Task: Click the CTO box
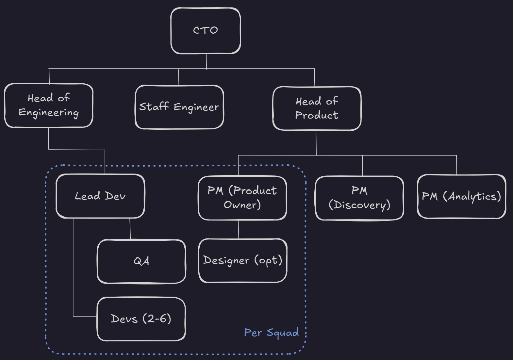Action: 206,31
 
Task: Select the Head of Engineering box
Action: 49,105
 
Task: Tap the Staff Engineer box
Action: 179,107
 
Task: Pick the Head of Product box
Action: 317,108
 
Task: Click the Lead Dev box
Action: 100,196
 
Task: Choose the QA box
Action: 141,261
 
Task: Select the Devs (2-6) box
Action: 141,319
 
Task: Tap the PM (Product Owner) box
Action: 242,198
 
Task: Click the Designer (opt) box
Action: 242,260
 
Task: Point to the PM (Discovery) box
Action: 359,198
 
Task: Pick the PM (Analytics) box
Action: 461,196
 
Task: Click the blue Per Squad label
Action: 271,333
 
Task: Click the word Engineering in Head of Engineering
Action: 49,112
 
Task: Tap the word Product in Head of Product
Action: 317,115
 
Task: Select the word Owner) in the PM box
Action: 242,205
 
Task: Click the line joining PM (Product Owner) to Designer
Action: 238,229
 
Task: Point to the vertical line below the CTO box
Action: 206,61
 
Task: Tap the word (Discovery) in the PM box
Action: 359,205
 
